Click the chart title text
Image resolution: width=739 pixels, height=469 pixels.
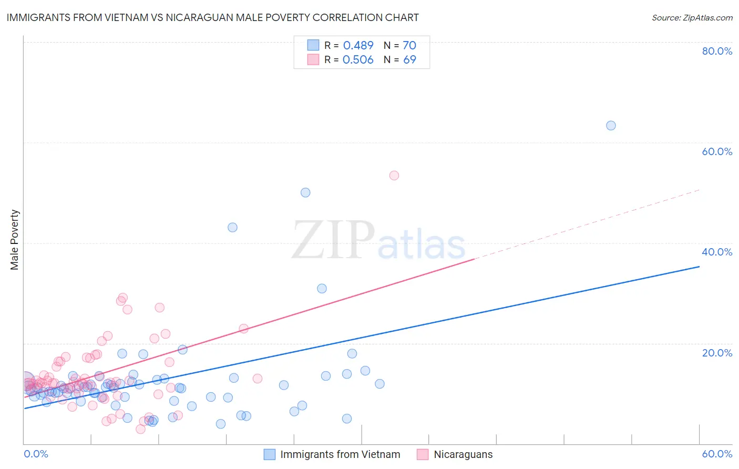[x=212, y=17]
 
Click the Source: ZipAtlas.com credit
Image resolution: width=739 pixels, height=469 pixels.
[x=692, y=18]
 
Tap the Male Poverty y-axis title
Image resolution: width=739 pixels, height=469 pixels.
[x=15, y=240]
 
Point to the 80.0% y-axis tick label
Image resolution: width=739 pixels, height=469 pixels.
[x=717, y=51]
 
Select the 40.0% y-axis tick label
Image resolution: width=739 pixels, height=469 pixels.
[x=717, y=252]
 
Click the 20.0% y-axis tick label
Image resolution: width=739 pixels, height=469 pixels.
[x=717, y=353]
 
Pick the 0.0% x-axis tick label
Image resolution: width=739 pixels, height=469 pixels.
[x=36, y=454]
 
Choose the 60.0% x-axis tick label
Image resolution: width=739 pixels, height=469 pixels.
[x=717, y=454]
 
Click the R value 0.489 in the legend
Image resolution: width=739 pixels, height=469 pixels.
[x=358, y=46]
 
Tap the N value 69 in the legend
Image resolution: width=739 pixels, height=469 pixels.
[x=409, y=60]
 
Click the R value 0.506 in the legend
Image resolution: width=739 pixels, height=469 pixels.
[x=358, y=60]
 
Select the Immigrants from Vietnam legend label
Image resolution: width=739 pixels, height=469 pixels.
[x=340, y=454]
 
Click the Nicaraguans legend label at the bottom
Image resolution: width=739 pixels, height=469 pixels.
[x=463, y=454]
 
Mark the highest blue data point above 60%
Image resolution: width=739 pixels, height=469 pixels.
[x=611, y=126]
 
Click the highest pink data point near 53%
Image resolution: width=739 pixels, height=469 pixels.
[x=394, y=176]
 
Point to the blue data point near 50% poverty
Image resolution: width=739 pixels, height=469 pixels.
[x=305, y=193]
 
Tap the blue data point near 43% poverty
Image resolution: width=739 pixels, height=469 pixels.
[x=232, y=228]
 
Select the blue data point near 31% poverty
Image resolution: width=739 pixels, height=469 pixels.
[x=322, y=289]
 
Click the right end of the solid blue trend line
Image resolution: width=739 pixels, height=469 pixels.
[x=699, y=267]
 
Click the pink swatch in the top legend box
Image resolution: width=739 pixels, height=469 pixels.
[x=313, y=59]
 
